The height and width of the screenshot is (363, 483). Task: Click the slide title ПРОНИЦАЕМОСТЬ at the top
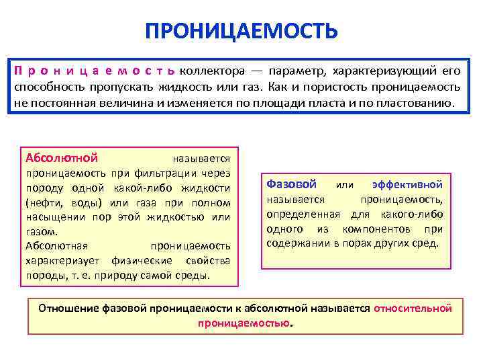click(x=241, y=31)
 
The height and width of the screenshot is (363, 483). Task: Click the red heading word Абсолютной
click(x=62, y=158)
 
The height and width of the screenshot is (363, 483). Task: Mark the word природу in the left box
click(x=110, y=276)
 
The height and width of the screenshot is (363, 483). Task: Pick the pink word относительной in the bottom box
click(x=413, y=308)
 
